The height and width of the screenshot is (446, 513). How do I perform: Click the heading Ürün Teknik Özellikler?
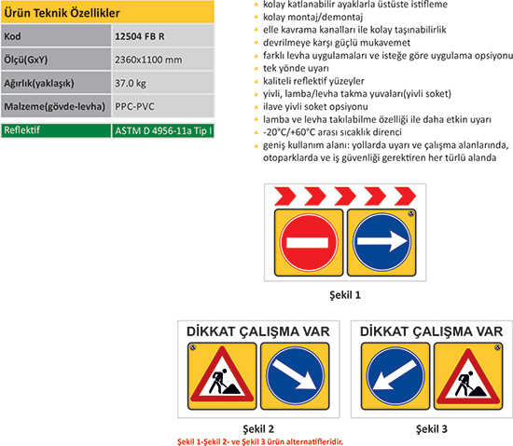pyautogui.click(x=62, y=13)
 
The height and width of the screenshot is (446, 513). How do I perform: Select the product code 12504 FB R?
pyautogui.click(x=140, y=36)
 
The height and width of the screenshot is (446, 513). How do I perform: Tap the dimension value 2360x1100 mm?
pyautogui.click(x=148, y=60)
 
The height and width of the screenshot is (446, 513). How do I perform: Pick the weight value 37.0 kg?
pyautogui.click(x=131, y=83)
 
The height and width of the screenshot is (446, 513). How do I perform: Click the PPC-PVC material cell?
pyautogui.click(x=134, y=106)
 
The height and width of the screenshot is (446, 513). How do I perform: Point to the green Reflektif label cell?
pyautogui.click(x=56, y=130)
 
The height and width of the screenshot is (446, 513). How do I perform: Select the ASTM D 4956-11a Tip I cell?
pyautogui.click(x=163, y=130)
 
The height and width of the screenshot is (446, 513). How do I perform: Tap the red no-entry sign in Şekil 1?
pyautogui.click(x=309, y=242)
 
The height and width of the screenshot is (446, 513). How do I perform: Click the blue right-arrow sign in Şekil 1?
pyautogui.click(x=381, y=242)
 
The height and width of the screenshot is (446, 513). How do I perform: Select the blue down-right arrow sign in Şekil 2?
pyautogui.click(x=295, y=376)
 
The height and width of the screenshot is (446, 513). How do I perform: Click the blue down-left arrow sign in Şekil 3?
pyautogui.click(x=395, y=376)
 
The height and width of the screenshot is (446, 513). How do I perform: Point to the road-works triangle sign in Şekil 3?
pyautogui.click(x=468, y=376)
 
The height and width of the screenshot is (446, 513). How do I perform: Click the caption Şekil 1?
pyautogui.click(x=345, y=295)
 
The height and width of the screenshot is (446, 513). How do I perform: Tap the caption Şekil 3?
pyautogui.click(x=432, y=428)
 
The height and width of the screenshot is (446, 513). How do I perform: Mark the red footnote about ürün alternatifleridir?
pyautogui.click(x=260, y=441)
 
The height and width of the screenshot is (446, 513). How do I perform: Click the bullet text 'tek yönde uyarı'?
pyautogui.click(x=296, y=68)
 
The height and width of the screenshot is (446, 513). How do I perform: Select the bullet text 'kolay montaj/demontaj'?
pyautogui.click(x=312, y=17)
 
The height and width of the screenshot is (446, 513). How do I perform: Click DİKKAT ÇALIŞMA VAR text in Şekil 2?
pyautogui.click(x=258, y=331)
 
